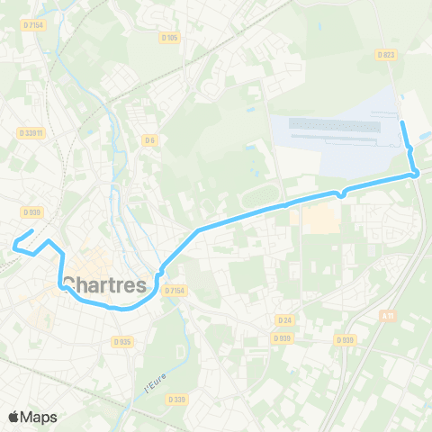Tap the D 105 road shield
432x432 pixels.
tap(169, 38)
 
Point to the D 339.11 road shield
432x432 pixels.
tap(31, 132)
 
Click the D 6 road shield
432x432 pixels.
tap(149, 139)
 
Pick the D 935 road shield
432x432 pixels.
tap(122, 341)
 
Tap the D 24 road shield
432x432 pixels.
tap(285, 319)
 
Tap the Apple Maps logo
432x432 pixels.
tap(32, 417)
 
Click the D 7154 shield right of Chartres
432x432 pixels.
tap(175, 290)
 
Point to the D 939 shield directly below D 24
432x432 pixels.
tap(283, 338)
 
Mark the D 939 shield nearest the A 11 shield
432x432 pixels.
tap(345, 340)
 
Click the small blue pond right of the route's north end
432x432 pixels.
tap(424, 136)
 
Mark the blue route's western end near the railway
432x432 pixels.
tap(14, 243)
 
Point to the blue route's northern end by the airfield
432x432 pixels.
tap(402, 121)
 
